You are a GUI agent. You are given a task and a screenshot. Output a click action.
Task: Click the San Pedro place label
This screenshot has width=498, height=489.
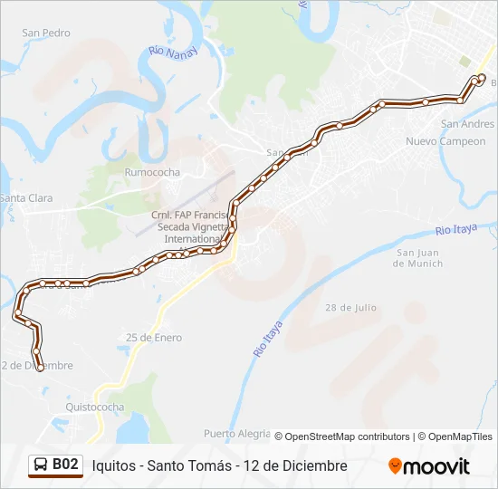click(46, 34)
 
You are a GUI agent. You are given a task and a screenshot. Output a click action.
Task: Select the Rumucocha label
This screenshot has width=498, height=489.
click(153, 172)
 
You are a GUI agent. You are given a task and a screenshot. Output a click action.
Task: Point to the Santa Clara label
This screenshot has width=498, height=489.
click(26, 198)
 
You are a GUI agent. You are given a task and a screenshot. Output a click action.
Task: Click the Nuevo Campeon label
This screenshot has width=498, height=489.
click(445, 141)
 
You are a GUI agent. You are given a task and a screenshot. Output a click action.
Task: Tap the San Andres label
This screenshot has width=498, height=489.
click(467, 124)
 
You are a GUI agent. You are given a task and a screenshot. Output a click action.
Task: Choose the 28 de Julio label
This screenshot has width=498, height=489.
click(351, 308)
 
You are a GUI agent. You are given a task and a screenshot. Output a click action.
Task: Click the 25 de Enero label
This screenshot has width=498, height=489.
click(154, 338)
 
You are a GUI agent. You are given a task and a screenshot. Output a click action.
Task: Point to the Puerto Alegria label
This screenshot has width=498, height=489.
click(237, 433)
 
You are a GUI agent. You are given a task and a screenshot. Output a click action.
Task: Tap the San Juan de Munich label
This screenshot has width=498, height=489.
click(418, 258)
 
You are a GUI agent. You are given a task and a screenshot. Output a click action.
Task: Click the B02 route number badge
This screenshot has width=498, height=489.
click(65, 465)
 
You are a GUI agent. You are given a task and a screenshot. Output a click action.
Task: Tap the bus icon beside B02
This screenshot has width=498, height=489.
click(41, 465)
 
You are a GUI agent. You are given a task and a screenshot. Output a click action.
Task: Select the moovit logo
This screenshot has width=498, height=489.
click(429, 466)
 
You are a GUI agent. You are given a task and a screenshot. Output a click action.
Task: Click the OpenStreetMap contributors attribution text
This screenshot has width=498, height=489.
click(342, 436)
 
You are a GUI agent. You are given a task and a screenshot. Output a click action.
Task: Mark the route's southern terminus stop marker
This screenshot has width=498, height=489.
click(40, 367)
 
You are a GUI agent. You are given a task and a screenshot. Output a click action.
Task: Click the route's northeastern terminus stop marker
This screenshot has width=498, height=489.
click(481, 78)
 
